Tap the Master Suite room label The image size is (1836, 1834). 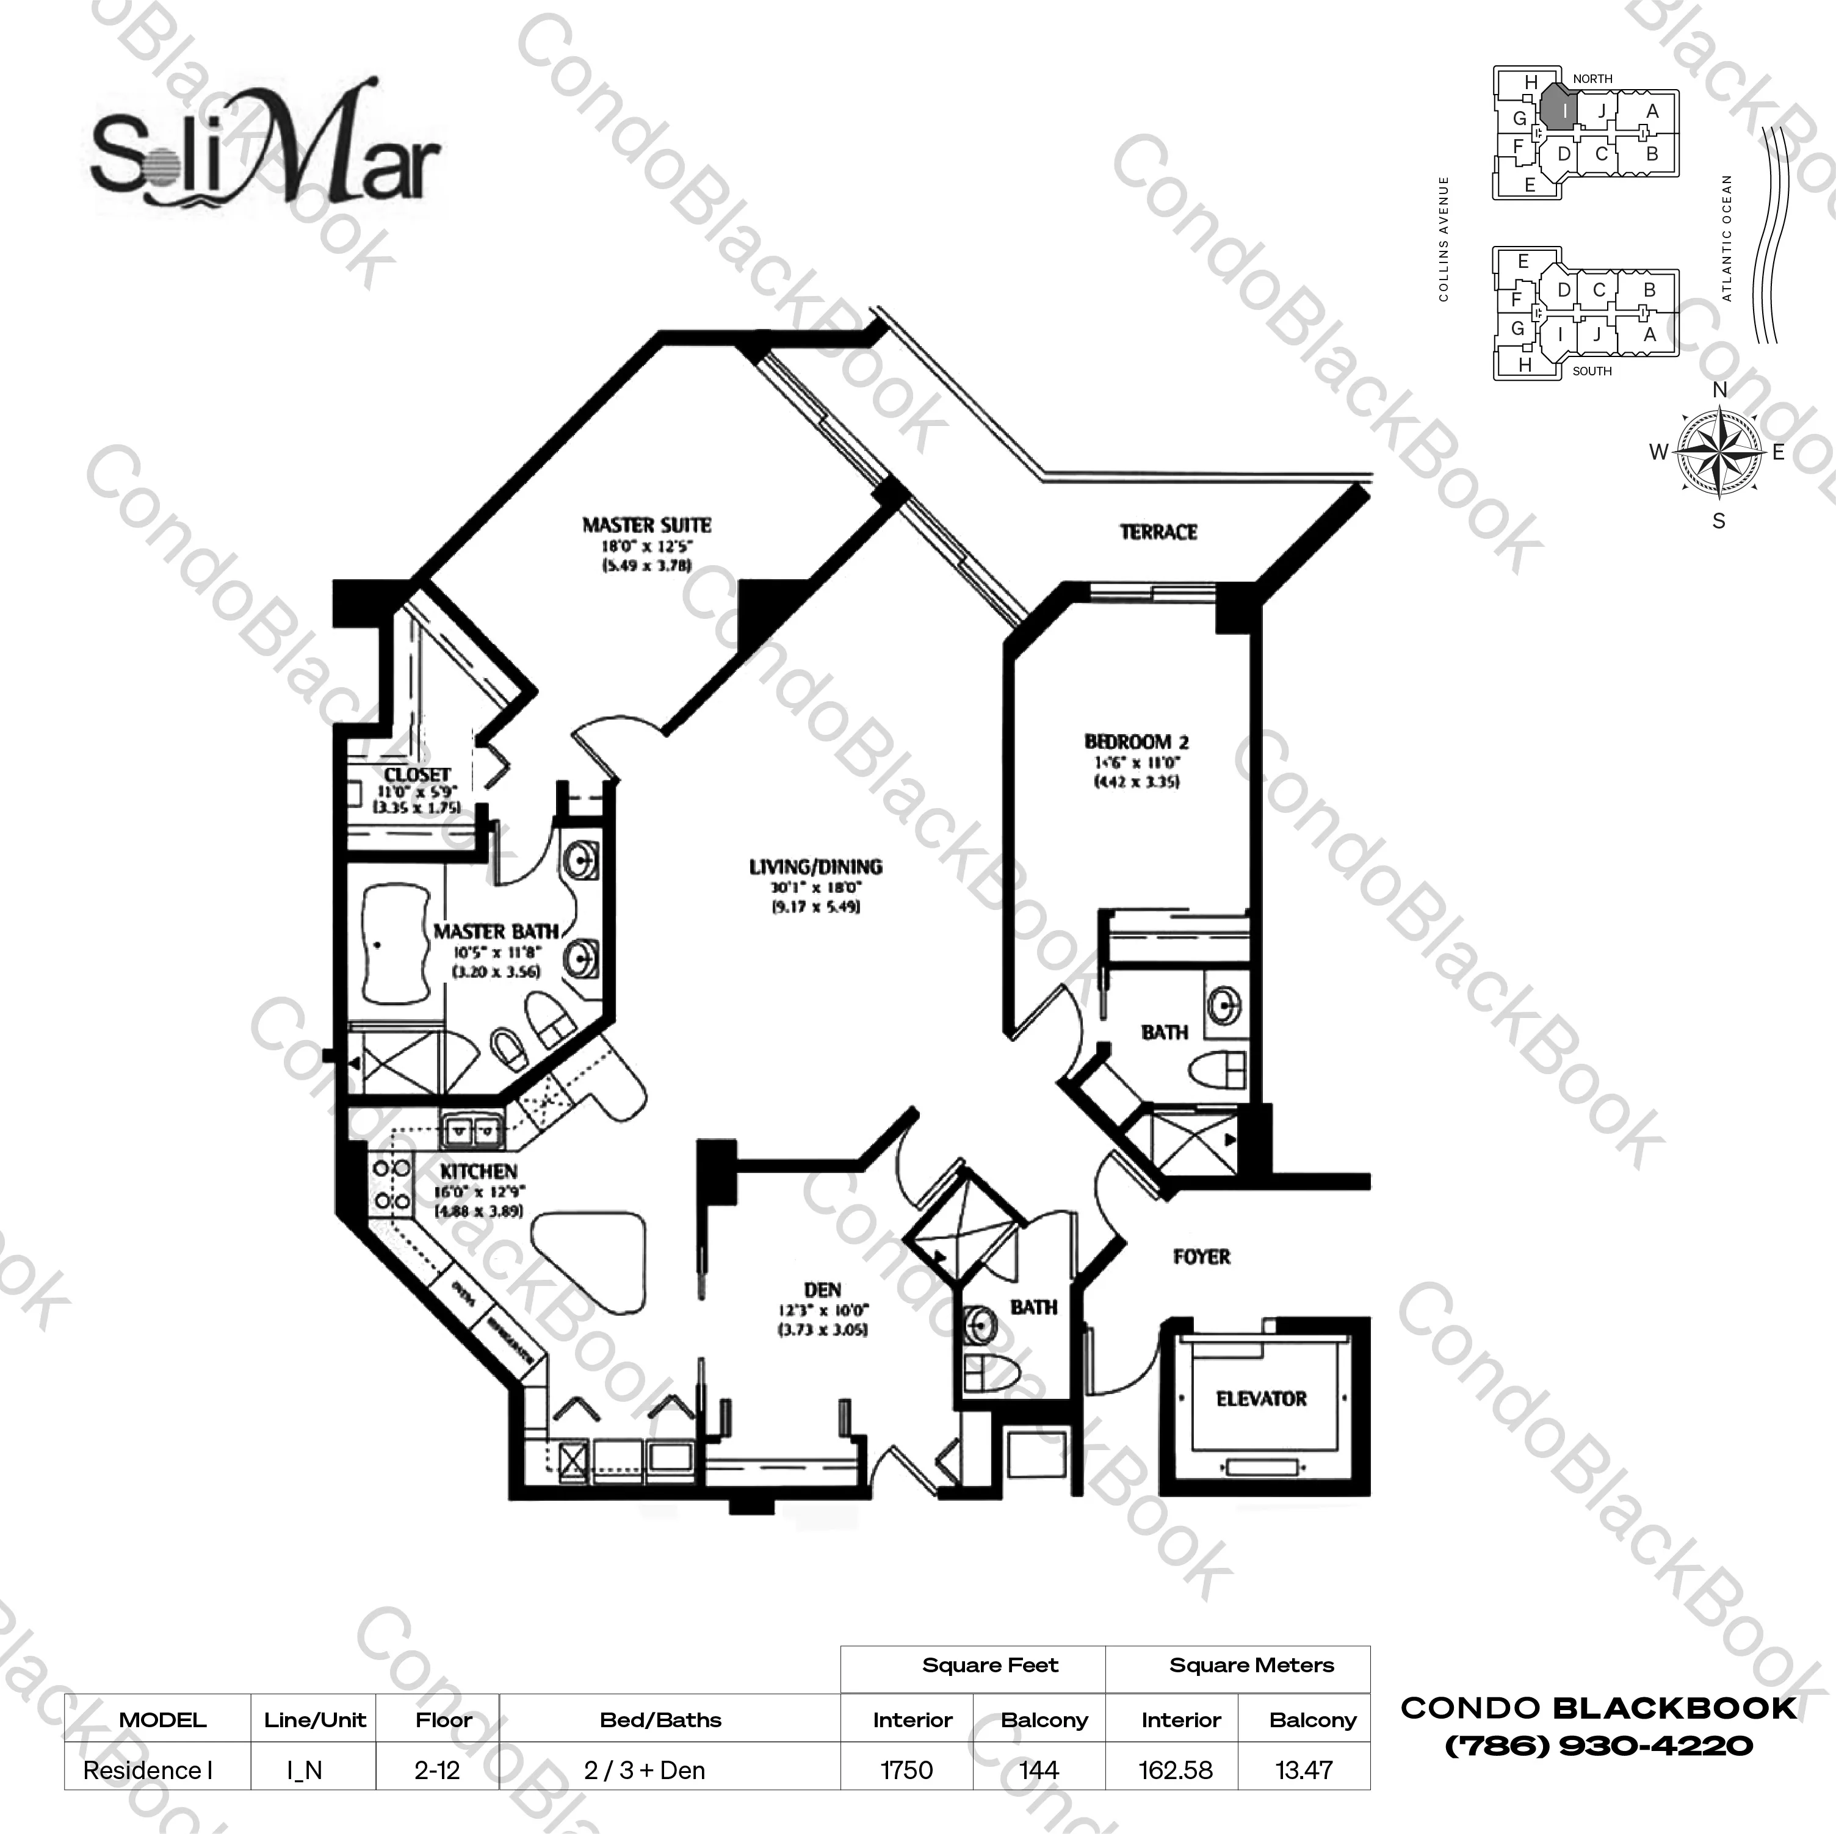tap(646, 525)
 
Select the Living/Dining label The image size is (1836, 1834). tap(815, 867)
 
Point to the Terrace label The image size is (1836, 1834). tap(1157, 532)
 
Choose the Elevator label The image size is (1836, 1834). tap(1261, 1399)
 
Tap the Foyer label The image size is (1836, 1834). tap(1201, 1257)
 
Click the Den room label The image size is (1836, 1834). tap(822, 1290)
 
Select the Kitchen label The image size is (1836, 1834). tap(478, 1172)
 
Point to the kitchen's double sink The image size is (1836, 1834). tap(471, 1132)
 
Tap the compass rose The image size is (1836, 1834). tap(1718, 453)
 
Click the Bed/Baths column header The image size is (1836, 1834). tap(660, 1720)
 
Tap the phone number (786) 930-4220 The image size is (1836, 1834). tap(1599, 1746)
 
